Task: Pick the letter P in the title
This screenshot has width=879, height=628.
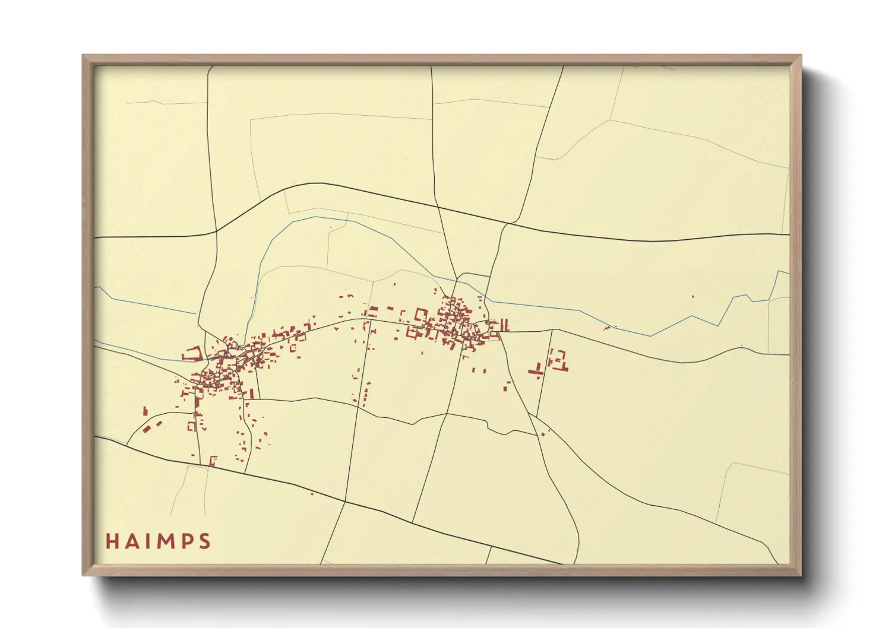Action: click(x=186, y=541)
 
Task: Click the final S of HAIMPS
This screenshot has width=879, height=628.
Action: click(x=204, y=541)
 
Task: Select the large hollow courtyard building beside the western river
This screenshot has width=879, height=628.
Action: click(x=192, y=354)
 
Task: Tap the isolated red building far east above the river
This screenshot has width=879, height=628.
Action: click(x=693, y=296)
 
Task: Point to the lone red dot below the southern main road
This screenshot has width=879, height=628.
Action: click(x=312, y=493)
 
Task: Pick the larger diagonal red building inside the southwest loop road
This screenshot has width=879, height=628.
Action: click(x=147, y=429)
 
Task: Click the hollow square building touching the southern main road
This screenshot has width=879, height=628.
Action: click(x=213, y=460)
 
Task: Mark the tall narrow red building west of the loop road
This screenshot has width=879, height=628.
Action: click(x=145, y=410)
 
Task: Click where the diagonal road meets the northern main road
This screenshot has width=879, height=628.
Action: click(x=508, y=223)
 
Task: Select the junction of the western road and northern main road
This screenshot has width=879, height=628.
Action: click(x=216, y=231)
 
